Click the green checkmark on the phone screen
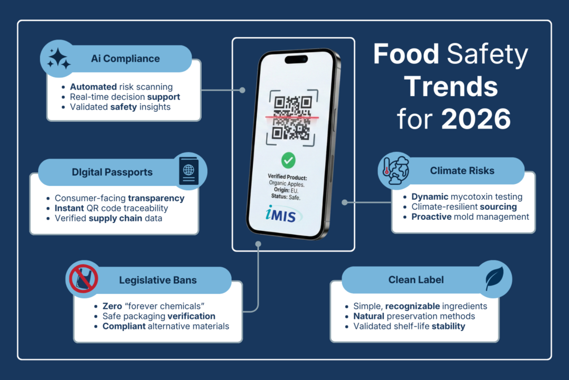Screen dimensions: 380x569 pyautogui.click(x=288, y=161)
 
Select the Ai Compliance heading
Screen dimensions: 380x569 pyautogui.click(x=125, y=58)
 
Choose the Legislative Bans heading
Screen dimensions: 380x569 pyautogui.click(x=158, y=280)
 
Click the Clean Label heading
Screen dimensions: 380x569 pyautogui.click(x=416, y=280)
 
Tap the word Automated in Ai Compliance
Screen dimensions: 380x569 pyautogui.click(x=93, y=87)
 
